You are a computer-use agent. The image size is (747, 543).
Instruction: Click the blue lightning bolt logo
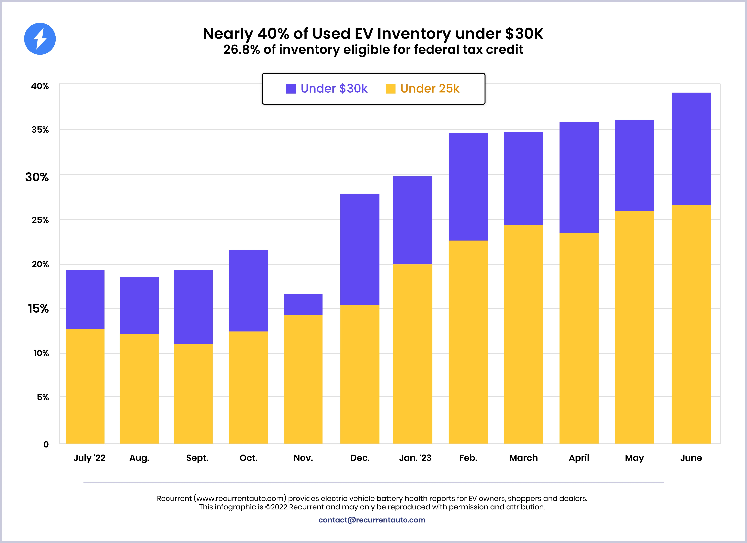40,39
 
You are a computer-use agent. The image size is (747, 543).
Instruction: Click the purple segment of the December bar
360,249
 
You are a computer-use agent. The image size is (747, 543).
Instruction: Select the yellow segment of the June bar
691,324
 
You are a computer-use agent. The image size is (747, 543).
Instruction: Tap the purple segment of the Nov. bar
303,305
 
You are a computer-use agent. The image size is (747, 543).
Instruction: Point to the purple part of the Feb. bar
468,187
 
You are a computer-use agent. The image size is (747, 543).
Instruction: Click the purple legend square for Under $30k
291,89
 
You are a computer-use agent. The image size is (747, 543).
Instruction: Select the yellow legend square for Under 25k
390,89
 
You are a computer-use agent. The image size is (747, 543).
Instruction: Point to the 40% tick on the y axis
40,86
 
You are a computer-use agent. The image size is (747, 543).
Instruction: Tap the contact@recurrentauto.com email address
372,520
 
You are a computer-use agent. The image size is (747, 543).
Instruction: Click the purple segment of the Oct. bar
248,291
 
